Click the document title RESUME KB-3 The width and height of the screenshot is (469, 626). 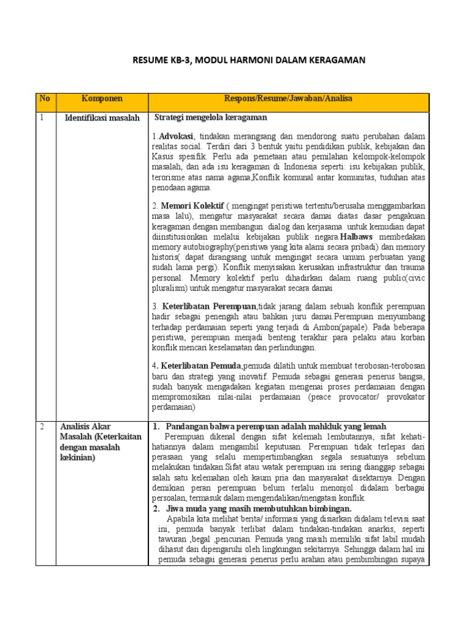(x=249, y=60)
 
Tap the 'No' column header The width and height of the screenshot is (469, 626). (x=44, y=98)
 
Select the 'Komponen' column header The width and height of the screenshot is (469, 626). (x=102, y=98)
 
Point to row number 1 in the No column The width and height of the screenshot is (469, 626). (x=42, y=118)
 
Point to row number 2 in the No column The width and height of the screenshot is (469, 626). (x=42, y=427)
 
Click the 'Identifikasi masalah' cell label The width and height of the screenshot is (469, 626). (x=102, y=118)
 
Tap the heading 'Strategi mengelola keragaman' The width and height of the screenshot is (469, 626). (x=211, y=117)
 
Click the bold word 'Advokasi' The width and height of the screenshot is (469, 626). (x=176, y=136)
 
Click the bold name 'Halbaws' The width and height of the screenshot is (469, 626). (x=358, y=237)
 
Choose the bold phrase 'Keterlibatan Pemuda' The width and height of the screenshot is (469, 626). (x=202, y=366)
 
